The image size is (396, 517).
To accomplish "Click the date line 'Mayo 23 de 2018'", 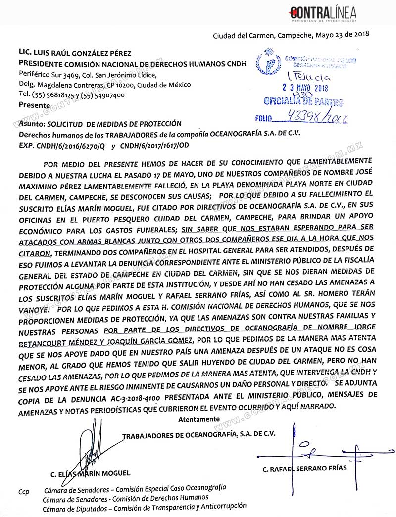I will coord(343,35).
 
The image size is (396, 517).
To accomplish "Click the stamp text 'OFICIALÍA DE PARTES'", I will coord(303,102).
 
